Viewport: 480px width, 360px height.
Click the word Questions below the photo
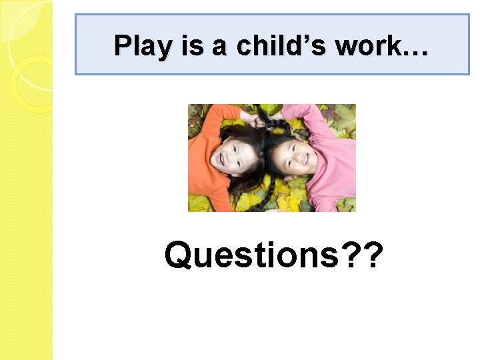tap(252, 255)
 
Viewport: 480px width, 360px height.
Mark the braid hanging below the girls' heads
tap(263, 200)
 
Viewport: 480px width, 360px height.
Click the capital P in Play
tap(121, 45)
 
